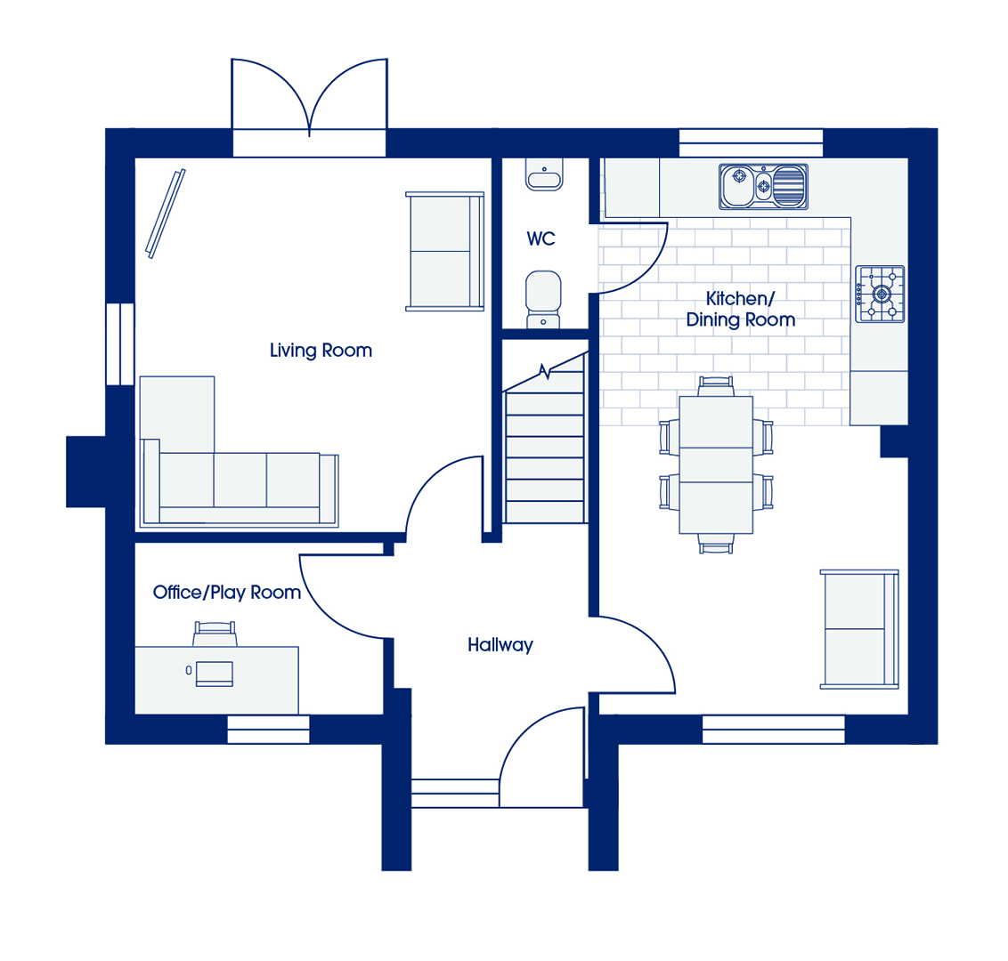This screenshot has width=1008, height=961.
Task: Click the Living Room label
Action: click(321, 351)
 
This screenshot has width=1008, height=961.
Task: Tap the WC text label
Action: click(541, 239)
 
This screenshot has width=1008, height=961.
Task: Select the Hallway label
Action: click(500, 645)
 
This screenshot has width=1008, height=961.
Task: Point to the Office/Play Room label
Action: click(227, 593)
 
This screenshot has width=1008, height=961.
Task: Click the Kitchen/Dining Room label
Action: click(741, 309)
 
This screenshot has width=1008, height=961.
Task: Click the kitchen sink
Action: click(763, 186)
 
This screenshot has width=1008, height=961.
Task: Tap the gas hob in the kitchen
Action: click(880, 295)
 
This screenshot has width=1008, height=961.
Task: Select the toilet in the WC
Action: click(543, 299)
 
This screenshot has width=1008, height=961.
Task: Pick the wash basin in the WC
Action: click(544, 174)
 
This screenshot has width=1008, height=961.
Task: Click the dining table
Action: click(716, 464)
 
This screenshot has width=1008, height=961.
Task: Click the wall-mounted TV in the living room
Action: click(166, 214)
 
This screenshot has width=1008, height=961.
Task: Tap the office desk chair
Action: click(215, 634)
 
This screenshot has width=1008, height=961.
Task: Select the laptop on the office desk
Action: click(214, 674)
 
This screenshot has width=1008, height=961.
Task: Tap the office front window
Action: click(268, 730)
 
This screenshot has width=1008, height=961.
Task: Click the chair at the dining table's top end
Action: click(716, 386)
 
